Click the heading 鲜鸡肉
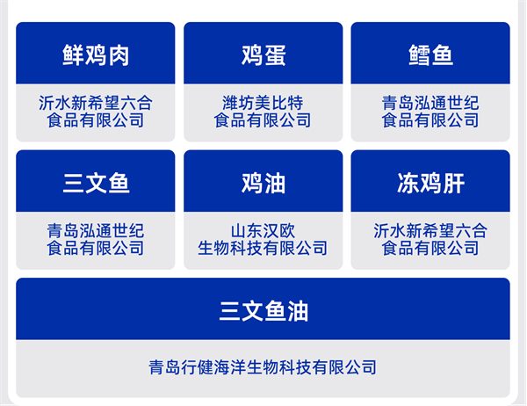(x=96, y=55)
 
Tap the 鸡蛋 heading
(x=263, y=55)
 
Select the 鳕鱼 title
(x=430, y=55)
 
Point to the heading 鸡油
(x=263, y=184)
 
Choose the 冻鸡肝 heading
(x=430, y=184)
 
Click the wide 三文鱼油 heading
(x=263, y=311)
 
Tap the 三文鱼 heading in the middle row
(x=96, y=184)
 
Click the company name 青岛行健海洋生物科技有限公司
(x=263, y=367)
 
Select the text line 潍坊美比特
(x=263, y=103)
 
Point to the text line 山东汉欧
(x=263, y=231)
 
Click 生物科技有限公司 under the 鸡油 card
(x=263, y=249)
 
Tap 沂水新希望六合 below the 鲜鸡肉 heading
(x=96, y=103)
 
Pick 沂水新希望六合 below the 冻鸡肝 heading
(x=430, y=231)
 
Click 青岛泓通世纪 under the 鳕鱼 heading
(x=430, y=103)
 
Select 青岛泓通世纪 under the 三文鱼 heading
(x=96, y=231)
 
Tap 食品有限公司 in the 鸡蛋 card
(x=263, y=120)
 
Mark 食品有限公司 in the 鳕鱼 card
(x=430, y=120)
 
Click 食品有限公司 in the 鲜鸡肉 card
(x=96, y=120)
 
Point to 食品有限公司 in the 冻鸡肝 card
(x=430, y=249)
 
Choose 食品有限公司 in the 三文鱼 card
(x=96, y=249)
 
